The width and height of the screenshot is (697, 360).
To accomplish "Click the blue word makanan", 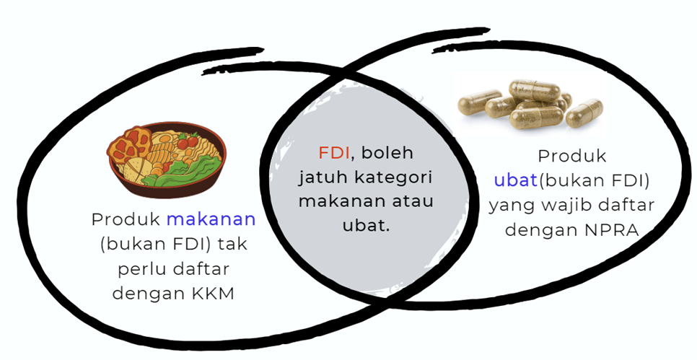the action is click(x=211, y=219).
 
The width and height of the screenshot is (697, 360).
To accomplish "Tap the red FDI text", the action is click(x=334, y=153).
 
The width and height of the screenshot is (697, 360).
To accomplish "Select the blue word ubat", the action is click(x=516, y=180).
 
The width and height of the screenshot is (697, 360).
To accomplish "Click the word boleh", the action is click(x=387, y=153).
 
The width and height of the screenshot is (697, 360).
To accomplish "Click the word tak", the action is click(x=232, y=244).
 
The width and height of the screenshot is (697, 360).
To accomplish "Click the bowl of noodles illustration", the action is click(x=166, y=159).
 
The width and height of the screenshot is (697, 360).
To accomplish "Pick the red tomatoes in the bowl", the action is click(x=187, y=141).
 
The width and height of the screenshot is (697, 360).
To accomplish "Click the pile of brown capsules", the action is click(x=530, y=105).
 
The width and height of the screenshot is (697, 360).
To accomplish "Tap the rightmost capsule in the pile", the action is click(x=584, y=113).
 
